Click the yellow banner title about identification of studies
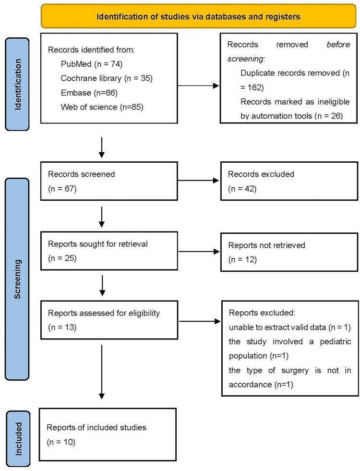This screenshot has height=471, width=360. (198, 16)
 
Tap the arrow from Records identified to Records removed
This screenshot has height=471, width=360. (198, 86)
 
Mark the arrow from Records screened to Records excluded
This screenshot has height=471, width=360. (198, 181)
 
